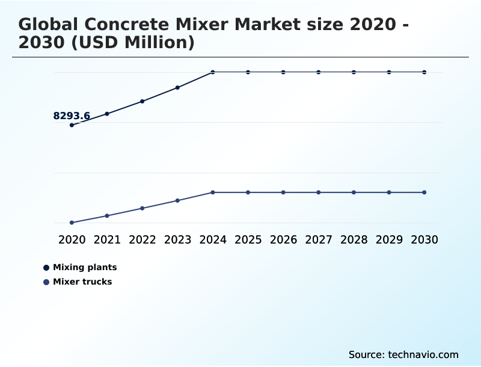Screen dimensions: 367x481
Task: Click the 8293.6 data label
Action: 72,116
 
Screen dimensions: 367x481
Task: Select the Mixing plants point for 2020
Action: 72,125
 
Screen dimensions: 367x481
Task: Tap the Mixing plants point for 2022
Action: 142,101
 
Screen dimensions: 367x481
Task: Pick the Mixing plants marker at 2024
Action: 213,72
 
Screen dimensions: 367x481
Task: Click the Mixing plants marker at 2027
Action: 319,72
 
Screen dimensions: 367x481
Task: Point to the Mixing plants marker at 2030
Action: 424,72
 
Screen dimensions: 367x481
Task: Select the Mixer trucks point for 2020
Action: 72,223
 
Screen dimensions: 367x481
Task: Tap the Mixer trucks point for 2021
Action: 107,215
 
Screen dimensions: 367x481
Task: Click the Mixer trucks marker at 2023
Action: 177,200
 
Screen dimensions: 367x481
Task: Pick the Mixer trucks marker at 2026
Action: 283,193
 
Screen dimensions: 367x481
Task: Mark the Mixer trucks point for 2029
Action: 389,193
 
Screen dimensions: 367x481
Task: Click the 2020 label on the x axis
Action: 72,239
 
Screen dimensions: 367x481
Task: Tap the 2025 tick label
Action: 248,239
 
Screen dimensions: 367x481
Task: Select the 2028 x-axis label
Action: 354,239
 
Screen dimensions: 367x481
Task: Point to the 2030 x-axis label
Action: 424,239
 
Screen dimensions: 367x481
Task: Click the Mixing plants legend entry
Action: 84,267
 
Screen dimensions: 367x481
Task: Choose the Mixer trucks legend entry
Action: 82,282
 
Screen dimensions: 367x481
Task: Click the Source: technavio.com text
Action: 403,354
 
